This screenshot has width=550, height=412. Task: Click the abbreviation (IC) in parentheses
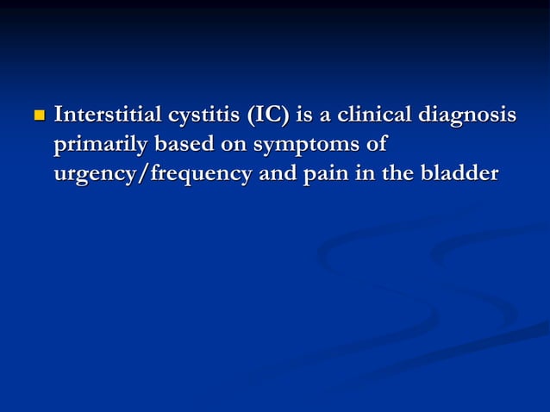click(x=262, y=115)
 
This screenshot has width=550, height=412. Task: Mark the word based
click(x=180, y=144)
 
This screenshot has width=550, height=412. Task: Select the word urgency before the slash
click(x=94, y=175)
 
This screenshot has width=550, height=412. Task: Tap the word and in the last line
click(x=276, y=173)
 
